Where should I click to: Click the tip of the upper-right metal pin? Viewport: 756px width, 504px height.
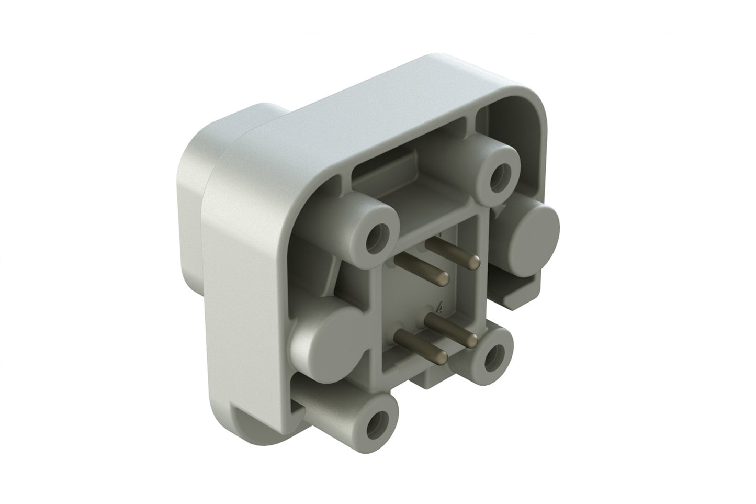coord(475,260)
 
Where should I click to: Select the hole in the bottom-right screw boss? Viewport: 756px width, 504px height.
coord(491,357)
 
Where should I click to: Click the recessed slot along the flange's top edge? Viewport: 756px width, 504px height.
coord(408,170)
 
